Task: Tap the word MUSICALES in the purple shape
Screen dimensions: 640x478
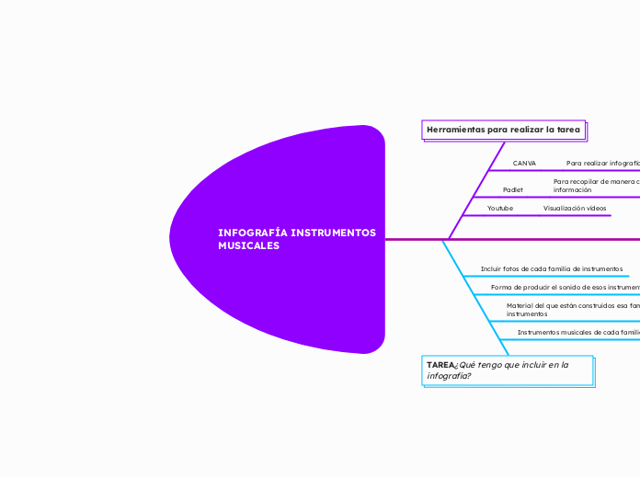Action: (x=249, y=246)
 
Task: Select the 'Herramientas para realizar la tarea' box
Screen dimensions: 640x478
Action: (x=504, y=130)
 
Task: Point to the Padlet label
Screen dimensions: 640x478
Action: (x=513, y=189)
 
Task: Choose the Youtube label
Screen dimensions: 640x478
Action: (x=500, y=209)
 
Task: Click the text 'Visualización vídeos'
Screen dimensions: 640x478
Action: (x=575, y=209)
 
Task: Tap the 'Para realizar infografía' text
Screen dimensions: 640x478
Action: (x=602, y=163)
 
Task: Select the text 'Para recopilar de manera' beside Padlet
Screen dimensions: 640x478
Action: (x=594, y=182)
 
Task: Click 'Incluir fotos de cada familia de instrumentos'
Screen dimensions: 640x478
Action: (x=552, y=268)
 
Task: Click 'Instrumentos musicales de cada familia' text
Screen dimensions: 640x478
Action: (x=577, y=332)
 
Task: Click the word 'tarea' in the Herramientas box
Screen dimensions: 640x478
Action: (x=568, y=130)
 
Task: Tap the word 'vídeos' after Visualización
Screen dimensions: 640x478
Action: (x=596, y=209)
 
